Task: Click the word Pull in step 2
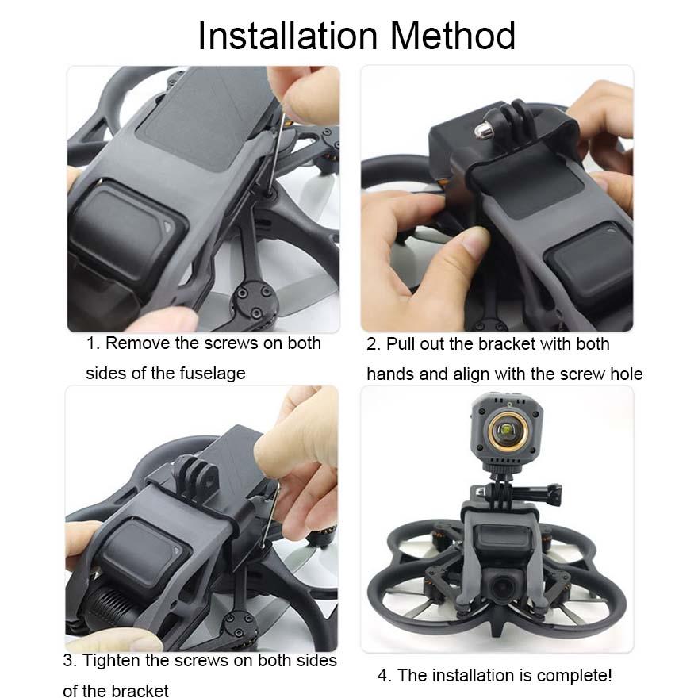(x=401, y=344)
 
